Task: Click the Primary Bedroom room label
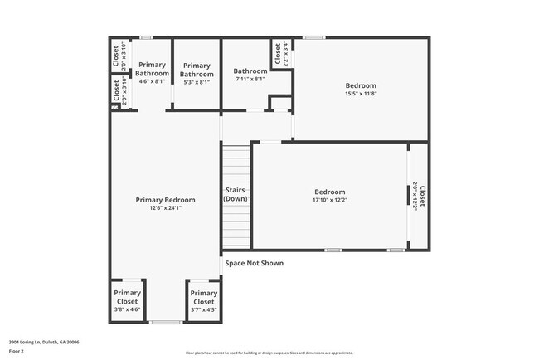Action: pos(166,200)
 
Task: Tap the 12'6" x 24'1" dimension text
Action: pos(166,208)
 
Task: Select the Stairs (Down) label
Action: pos(236,195)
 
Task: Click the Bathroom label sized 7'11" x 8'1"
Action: pos(250,71)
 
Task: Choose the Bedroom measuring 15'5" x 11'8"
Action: pos(361,85)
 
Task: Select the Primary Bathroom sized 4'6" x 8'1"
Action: pos(152,69)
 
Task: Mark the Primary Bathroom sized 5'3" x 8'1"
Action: pos(197,70)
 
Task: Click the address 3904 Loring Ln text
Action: pos(44,342)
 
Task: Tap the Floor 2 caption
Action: pos(17,351)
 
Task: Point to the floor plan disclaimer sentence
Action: pos(269,353)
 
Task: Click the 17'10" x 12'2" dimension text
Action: pos(329,200)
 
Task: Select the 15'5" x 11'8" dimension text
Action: pos(361,94)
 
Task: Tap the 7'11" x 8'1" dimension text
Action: pos(250,80)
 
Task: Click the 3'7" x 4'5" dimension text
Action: pos(203,309)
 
